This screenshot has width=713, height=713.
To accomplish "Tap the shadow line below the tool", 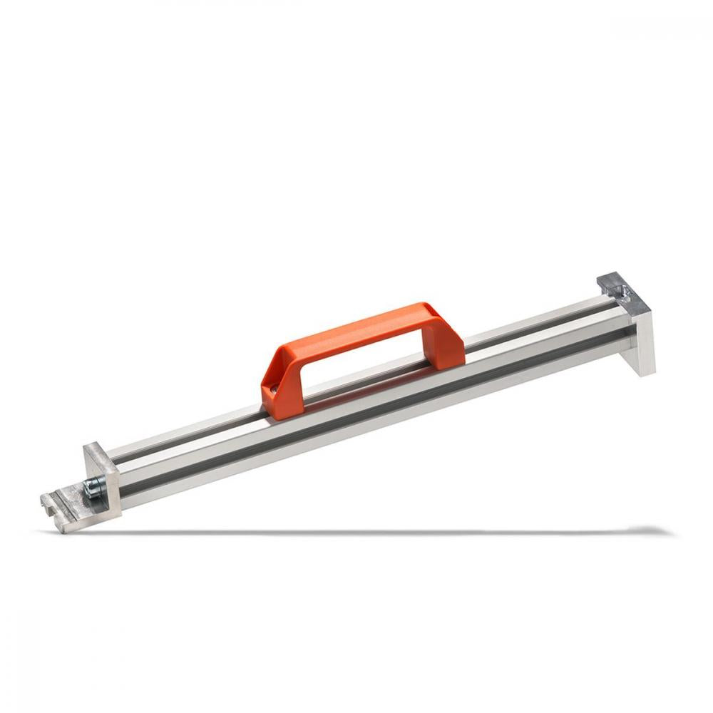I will coord(356,531).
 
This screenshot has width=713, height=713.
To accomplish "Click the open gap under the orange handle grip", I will coord(356,364).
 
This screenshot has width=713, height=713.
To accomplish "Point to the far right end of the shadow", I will coord(667,530).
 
